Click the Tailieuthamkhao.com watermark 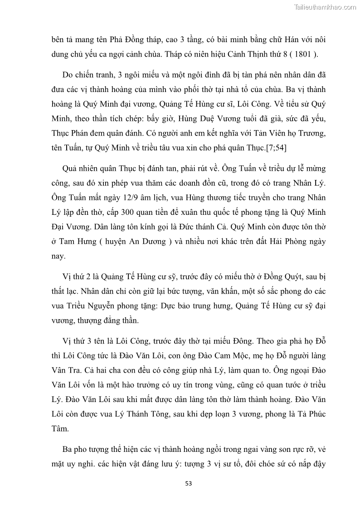tap(325, 7)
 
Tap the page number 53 tap(189, 483)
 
